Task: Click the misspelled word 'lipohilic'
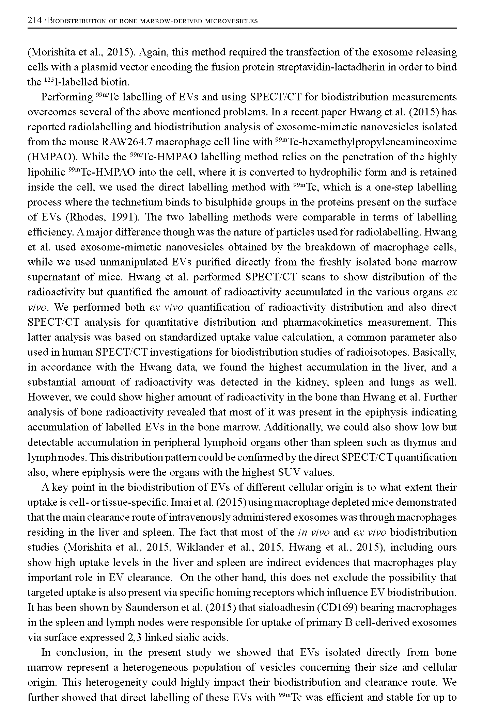(x=46, y=172)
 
